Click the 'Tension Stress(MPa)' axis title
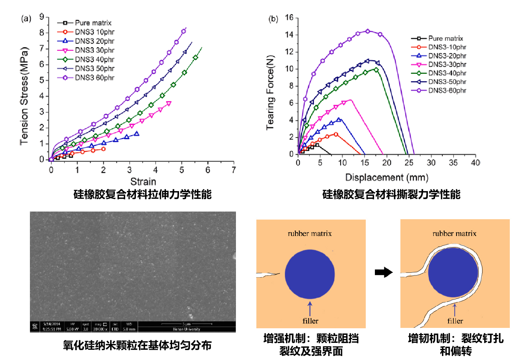click(x=24, y=96)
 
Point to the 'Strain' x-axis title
click(x=143, y=182)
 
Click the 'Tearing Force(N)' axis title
click(x=270, y=93)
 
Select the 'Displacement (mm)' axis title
click(x=387, y=178)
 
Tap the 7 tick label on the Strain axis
click(x=234, y=170)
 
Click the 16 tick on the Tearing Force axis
click(x=289, y=18)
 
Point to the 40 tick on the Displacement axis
click(x=475, y=163)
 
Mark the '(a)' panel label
click(x=26, y=19)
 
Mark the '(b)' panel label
click(x=274, y=19)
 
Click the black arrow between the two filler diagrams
click(x=383, y=272)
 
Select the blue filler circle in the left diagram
click(x=310, y=274)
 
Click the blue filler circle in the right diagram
click(x=453, y=272)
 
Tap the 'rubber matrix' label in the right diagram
click(x=454, y=233)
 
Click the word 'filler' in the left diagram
click(x=310, y=321)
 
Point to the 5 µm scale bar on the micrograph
click(x=187, y=324)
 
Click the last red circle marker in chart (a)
click(x=104, y=149)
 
